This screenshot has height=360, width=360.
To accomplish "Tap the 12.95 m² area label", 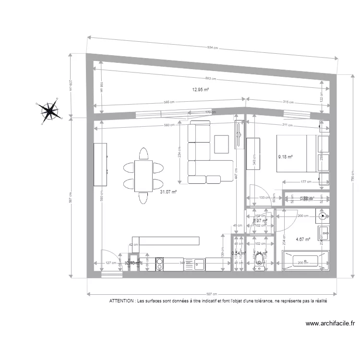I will [x=200, y=89].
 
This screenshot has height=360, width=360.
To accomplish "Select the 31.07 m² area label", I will [x=168, y=192].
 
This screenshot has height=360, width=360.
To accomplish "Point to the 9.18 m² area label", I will [x=285, y=156].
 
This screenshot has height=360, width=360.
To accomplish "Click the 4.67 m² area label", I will [x=302, y=239].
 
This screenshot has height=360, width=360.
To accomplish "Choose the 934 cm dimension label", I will [x=212, y=48].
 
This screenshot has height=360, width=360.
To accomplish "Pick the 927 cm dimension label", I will [x=211, y=294].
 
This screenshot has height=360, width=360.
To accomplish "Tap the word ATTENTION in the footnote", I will [x=122, y=301].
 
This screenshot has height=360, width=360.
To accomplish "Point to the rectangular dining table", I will [x=144, y=175].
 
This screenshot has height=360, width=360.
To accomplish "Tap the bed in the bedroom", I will [x=296, y=153].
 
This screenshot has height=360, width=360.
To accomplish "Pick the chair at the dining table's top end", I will [x=144, y=154].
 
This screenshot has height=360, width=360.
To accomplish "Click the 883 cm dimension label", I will [x=210, y=79].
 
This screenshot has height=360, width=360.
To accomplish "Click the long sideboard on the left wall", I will [x=100, y=165].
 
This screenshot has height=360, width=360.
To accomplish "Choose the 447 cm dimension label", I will [x=236, y=173].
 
